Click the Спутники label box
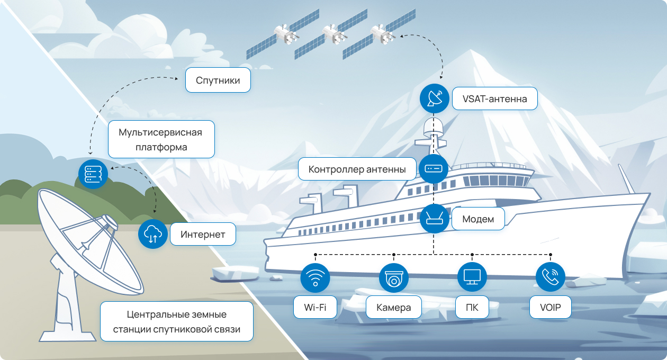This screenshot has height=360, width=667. pos(218,80)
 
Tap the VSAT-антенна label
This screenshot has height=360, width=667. pos(495,98)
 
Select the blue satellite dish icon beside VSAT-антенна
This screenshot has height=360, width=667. pos(434,98)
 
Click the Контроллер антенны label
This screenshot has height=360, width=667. pos(357,169)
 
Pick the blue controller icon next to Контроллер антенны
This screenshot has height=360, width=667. pos(434,169)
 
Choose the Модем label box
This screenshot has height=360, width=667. pos(478,219)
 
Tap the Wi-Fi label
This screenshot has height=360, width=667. pos(315,307)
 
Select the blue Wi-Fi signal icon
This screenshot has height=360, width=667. pos(315,277)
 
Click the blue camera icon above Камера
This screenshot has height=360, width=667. pos(394,277)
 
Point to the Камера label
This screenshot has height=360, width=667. pos(394,307)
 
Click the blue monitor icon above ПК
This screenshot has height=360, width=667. pos(472,277)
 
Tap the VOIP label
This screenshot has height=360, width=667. pos(551,307)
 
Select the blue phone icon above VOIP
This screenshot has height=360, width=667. pos(551,276)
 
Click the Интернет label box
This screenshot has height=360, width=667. pos(203,234)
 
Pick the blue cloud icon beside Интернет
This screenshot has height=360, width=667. pos(153,234)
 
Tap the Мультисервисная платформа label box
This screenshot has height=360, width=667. pos(161,139)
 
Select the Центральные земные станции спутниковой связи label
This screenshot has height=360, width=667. pos(177,321)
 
